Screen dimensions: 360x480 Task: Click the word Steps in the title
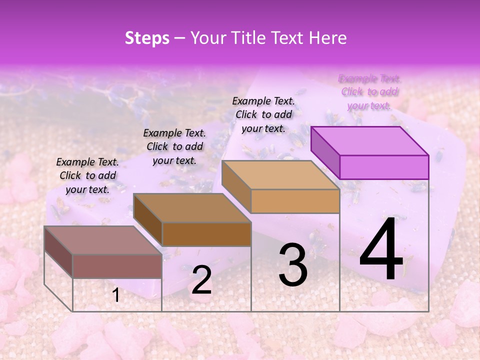[147, 38]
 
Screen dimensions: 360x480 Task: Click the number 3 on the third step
[293, 265]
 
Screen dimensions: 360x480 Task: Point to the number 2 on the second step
[201, 280]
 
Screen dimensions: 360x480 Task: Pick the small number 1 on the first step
[116, 295]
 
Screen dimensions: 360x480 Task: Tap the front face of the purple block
[384, 167]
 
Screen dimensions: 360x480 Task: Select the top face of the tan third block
[280, 175]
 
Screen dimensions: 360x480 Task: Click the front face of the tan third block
[295, 201]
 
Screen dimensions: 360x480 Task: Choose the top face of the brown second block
[192, 208]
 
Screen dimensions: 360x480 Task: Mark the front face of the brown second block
[206, 234]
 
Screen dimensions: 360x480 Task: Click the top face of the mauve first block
[103, 240]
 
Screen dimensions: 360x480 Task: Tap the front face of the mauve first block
[117, 266]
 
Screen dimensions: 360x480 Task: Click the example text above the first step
[87, 175]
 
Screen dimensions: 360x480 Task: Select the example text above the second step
[174, 146]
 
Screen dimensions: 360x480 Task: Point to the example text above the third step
[263, 114]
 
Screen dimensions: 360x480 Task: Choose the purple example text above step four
[369, 91]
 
